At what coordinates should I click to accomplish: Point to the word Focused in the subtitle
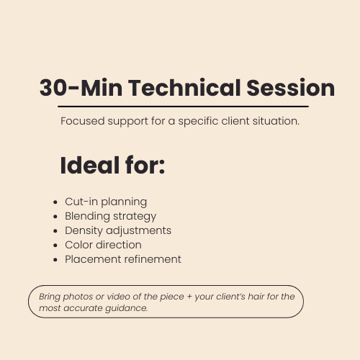point(81,121)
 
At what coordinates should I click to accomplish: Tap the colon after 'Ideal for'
point(162,167)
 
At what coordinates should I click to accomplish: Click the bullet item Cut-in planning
point(106,202)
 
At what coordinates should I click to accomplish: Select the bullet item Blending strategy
point(110,216)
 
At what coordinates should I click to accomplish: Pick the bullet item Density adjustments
point(118,230)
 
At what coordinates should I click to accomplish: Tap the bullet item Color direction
point(103,245)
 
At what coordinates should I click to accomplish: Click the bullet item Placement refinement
point(123,259)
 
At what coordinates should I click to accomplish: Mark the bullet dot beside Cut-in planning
point(56,202)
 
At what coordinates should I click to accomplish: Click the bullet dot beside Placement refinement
point(56,260)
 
